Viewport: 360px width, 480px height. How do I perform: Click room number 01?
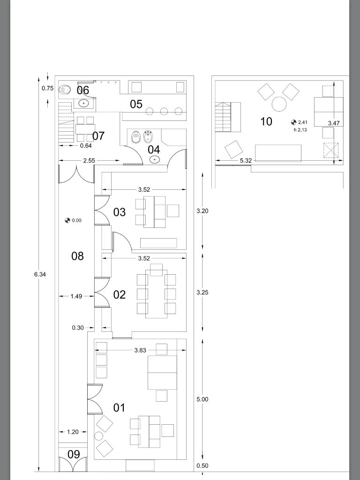tap(119, 407)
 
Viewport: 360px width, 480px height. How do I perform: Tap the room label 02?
tap(120, 294)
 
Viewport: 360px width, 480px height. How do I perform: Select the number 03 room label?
tap(120, 212)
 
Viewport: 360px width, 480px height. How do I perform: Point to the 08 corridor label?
tap(77, 256)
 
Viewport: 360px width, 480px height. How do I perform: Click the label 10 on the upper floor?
tap(266, 121)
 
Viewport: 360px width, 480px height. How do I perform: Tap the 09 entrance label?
tap(74, 454)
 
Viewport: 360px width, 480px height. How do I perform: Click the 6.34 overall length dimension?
tap(40, 274)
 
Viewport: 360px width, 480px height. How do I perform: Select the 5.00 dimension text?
tap(202, 399)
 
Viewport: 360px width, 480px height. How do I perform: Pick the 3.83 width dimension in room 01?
tap(140, 350)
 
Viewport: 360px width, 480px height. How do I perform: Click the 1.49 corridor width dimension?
tap(76, 296)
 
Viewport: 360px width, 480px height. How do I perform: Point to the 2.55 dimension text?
tap(89, 160)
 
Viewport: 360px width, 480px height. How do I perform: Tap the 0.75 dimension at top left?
tap(47, 89)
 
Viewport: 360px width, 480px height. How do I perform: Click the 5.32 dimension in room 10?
tap(246, 160)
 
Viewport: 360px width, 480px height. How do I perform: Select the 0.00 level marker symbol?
tap(67, 220)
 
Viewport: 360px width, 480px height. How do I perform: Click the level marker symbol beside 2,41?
tap(293, 122)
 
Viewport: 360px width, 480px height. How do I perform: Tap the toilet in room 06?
tap(65, 90)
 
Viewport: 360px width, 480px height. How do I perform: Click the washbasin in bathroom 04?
tap(155, 159)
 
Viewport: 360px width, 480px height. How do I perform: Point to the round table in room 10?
tap(279, 104)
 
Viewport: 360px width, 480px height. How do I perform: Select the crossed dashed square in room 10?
tap(331, 150)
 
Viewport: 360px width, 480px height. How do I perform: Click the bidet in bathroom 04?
tap(148, 137)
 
